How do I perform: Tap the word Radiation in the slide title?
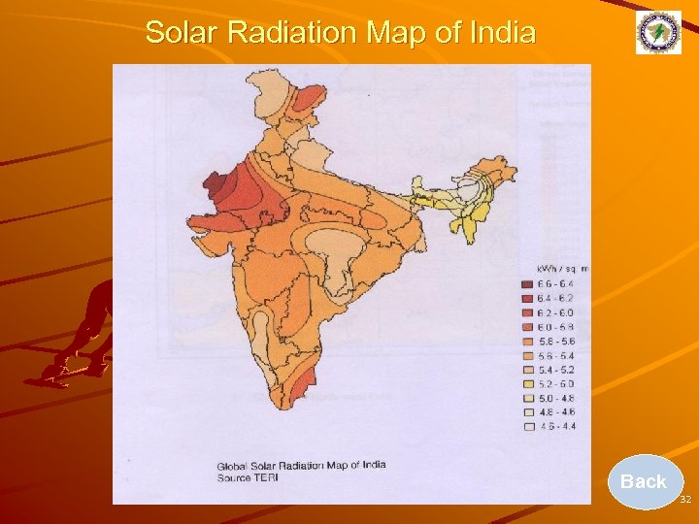[x=292, y=33]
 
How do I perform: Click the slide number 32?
[x=685, y=499]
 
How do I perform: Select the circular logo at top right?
[x=658, y=33]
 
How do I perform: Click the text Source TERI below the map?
[x=247, y=477]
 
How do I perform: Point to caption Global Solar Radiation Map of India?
[x=300, y=465]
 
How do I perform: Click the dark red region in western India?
[x=216, y=184]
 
